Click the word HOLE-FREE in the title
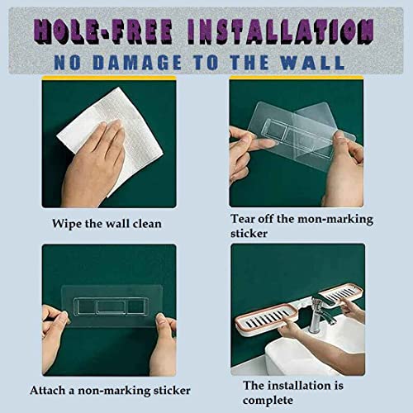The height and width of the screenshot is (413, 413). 103,31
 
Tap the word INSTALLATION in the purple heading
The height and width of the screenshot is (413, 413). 281,31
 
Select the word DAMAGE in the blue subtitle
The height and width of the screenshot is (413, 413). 137,62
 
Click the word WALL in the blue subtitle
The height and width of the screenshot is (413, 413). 312,62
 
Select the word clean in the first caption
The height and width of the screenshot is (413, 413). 147,224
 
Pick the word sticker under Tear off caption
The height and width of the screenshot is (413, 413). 249,234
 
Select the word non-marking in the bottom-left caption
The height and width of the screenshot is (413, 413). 114,391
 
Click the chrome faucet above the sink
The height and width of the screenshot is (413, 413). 320,312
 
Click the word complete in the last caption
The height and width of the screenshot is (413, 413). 268,401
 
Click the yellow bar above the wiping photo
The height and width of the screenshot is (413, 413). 109,78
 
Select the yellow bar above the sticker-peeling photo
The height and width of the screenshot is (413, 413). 296,78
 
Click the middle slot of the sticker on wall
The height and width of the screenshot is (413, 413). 111,306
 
